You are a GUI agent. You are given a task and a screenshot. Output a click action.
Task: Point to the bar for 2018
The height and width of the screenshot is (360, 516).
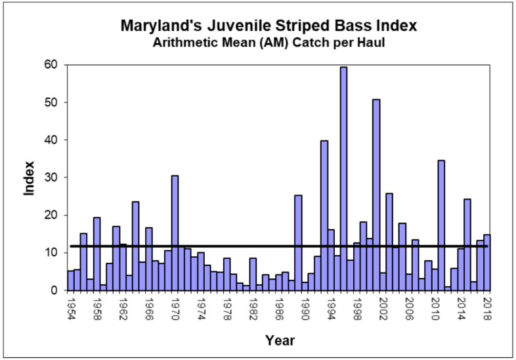[486, 262]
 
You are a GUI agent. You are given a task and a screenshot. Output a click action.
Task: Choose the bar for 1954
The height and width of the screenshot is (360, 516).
[71, 280]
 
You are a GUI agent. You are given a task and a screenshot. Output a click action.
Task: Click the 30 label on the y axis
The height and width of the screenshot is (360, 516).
[52, 177]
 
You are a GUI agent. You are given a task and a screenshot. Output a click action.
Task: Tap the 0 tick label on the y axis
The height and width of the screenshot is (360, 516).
[55, 290]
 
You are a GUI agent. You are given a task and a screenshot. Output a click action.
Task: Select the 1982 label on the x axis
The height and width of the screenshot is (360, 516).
[253, 307]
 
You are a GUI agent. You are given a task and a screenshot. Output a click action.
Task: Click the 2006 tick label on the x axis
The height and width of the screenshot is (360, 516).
[409, 307]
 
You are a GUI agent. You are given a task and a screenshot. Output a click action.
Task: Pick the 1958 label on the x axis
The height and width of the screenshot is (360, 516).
[97, 307]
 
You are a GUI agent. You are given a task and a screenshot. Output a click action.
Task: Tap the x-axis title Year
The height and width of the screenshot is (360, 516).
[280, 340]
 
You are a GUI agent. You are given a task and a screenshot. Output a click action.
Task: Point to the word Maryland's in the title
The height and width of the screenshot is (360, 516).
[158, 27]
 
